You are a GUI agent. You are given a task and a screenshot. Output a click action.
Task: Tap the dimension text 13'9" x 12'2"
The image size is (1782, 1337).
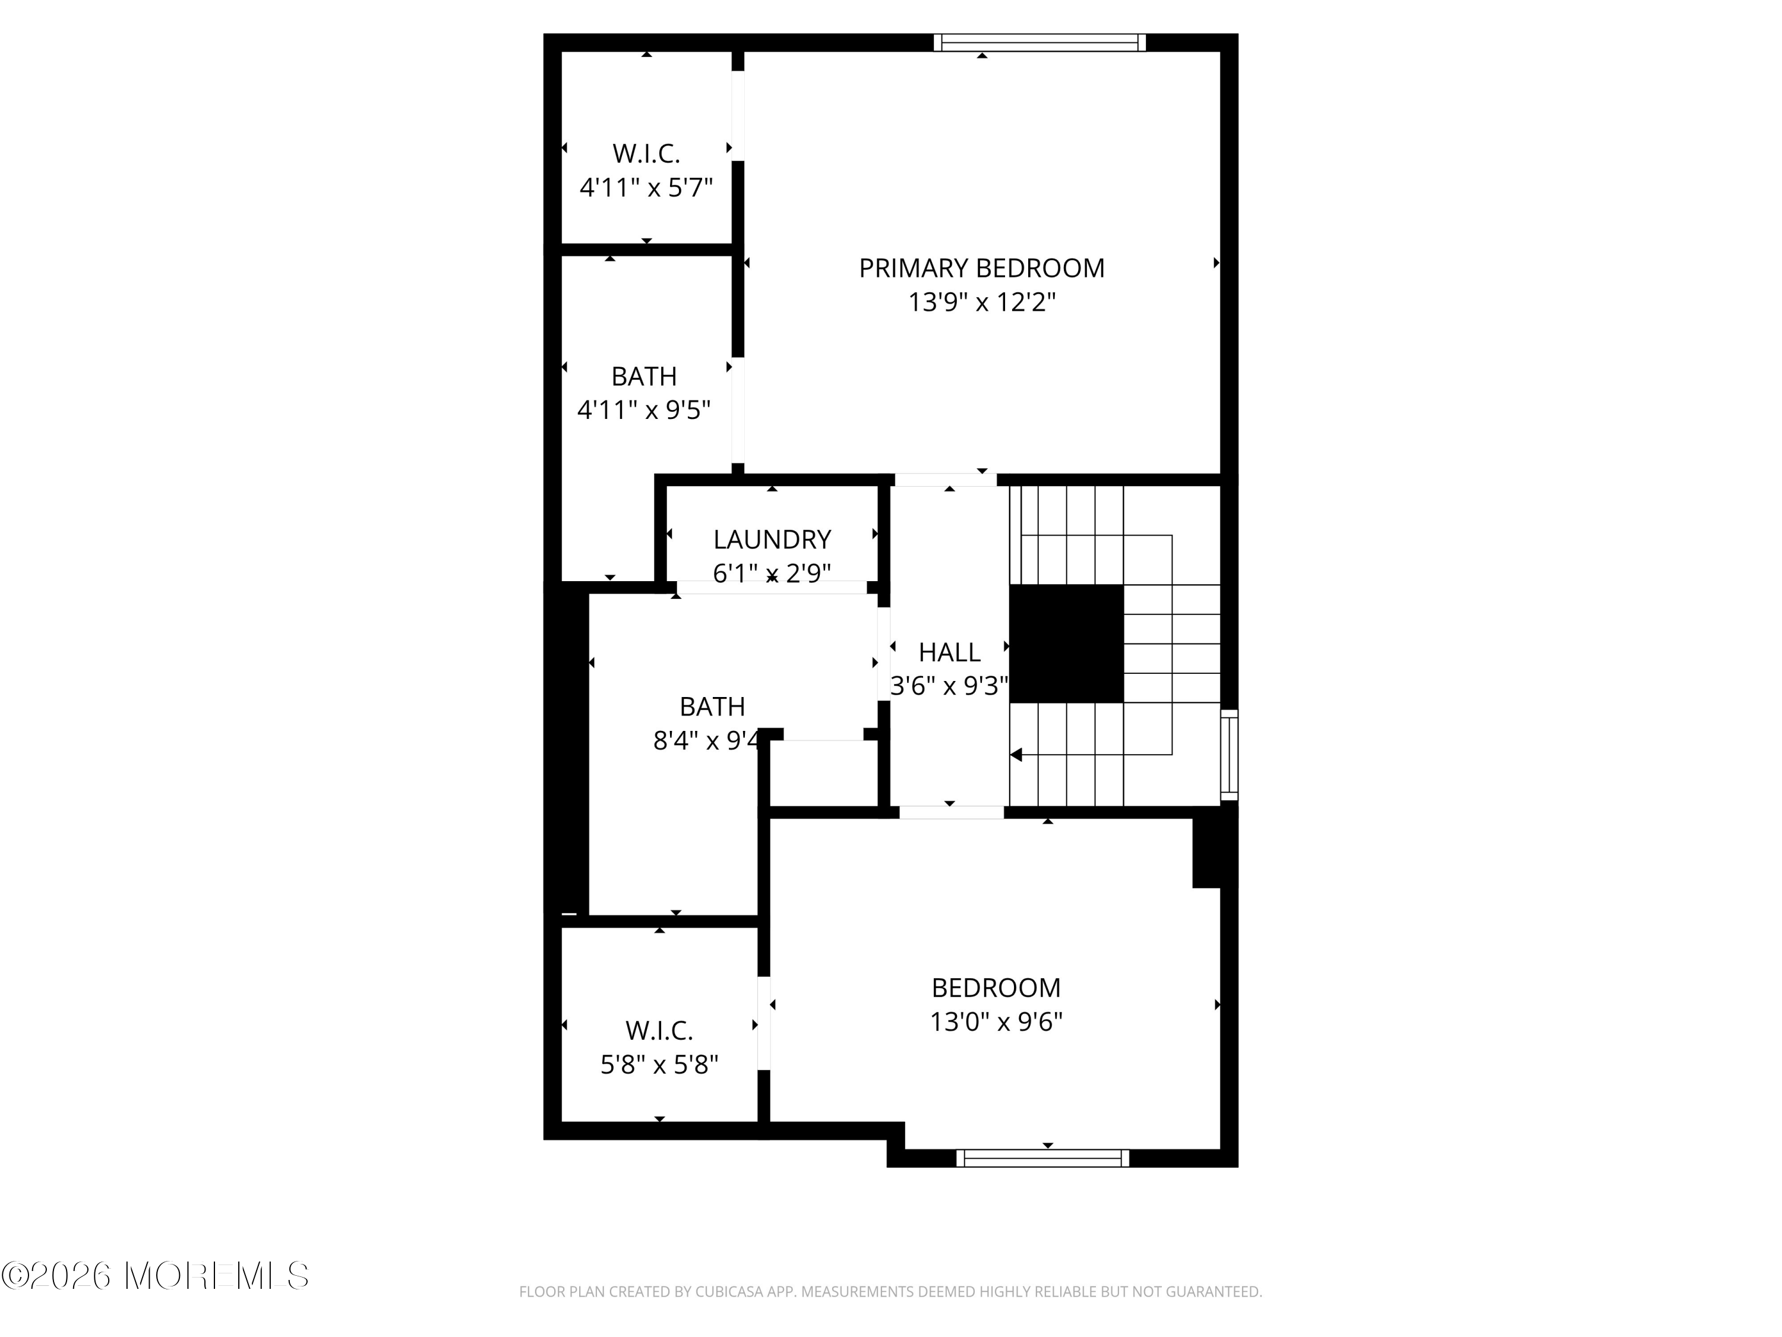[981, 303]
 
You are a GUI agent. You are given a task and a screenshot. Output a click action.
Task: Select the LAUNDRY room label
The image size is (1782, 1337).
[772, 539]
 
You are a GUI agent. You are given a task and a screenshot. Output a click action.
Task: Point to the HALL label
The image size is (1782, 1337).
[949, 652]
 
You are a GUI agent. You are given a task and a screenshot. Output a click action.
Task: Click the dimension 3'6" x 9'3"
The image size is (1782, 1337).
[949, 686]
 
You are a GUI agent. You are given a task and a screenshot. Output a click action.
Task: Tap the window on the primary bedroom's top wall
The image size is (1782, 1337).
[1039, 42]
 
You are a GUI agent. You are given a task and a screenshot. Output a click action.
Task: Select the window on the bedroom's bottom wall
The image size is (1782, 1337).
[1042, 1158]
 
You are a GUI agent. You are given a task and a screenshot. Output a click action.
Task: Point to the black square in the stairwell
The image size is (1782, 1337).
[1066, 643]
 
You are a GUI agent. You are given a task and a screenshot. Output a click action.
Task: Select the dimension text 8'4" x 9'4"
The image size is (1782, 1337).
[706, 740]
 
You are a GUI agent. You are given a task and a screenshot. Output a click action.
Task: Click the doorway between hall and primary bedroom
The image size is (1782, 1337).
[946, 480]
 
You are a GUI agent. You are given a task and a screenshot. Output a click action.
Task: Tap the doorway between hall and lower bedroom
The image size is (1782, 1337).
[952, 812]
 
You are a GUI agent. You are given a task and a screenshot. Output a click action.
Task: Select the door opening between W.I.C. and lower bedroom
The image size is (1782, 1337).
[764, 1023]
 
